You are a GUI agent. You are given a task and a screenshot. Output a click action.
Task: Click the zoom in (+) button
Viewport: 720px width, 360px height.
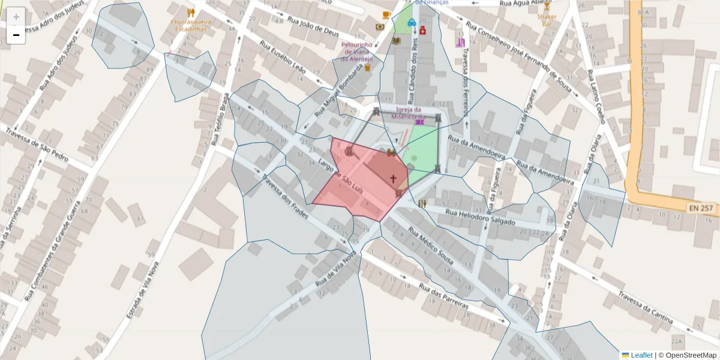coord(16,17)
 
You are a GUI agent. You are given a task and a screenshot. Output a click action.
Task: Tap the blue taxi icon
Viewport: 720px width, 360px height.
coord(412,23)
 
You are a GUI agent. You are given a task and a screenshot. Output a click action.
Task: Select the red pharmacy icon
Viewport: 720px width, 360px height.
coord(422,30)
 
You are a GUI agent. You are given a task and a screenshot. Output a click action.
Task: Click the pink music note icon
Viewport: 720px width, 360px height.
coord(460,42)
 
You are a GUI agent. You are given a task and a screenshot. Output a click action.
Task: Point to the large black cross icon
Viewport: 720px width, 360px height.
coord(394,178)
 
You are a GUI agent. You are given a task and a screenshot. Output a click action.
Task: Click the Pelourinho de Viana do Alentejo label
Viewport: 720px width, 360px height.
coord(358,52)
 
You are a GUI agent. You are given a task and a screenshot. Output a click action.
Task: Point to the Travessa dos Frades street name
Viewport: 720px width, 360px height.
coord(286,196)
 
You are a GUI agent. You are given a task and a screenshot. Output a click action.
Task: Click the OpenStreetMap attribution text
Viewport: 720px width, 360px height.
coord(687,355)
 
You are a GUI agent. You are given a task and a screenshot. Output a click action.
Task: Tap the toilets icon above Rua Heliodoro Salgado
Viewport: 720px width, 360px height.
coord(422,203)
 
